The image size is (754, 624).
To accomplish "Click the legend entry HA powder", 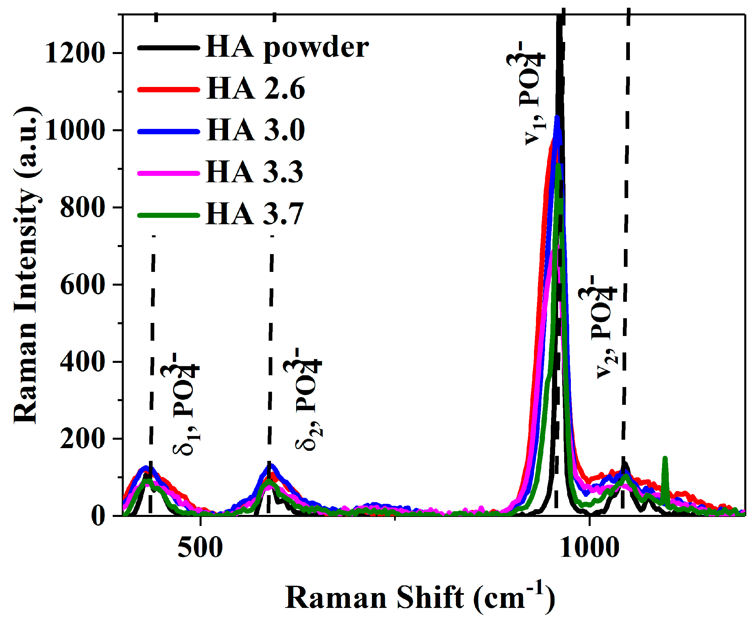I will point(287,48).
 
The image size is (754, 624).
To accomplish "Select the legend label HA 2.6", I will point(256,89).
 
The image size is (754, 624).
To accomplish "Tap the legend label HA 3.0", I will point(256,130).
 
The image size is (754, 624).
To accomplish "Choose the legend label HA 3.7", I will point(255,214).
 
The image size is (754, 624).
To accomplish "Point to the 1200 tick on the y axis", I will point(75,53).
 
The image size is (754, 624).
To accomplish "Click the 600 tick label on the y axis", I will point(83,286).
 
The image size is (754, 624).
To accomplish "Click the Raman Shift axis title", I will point(420,598).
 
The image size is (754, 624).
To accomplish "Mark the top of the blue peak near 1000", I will point(557,117).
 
